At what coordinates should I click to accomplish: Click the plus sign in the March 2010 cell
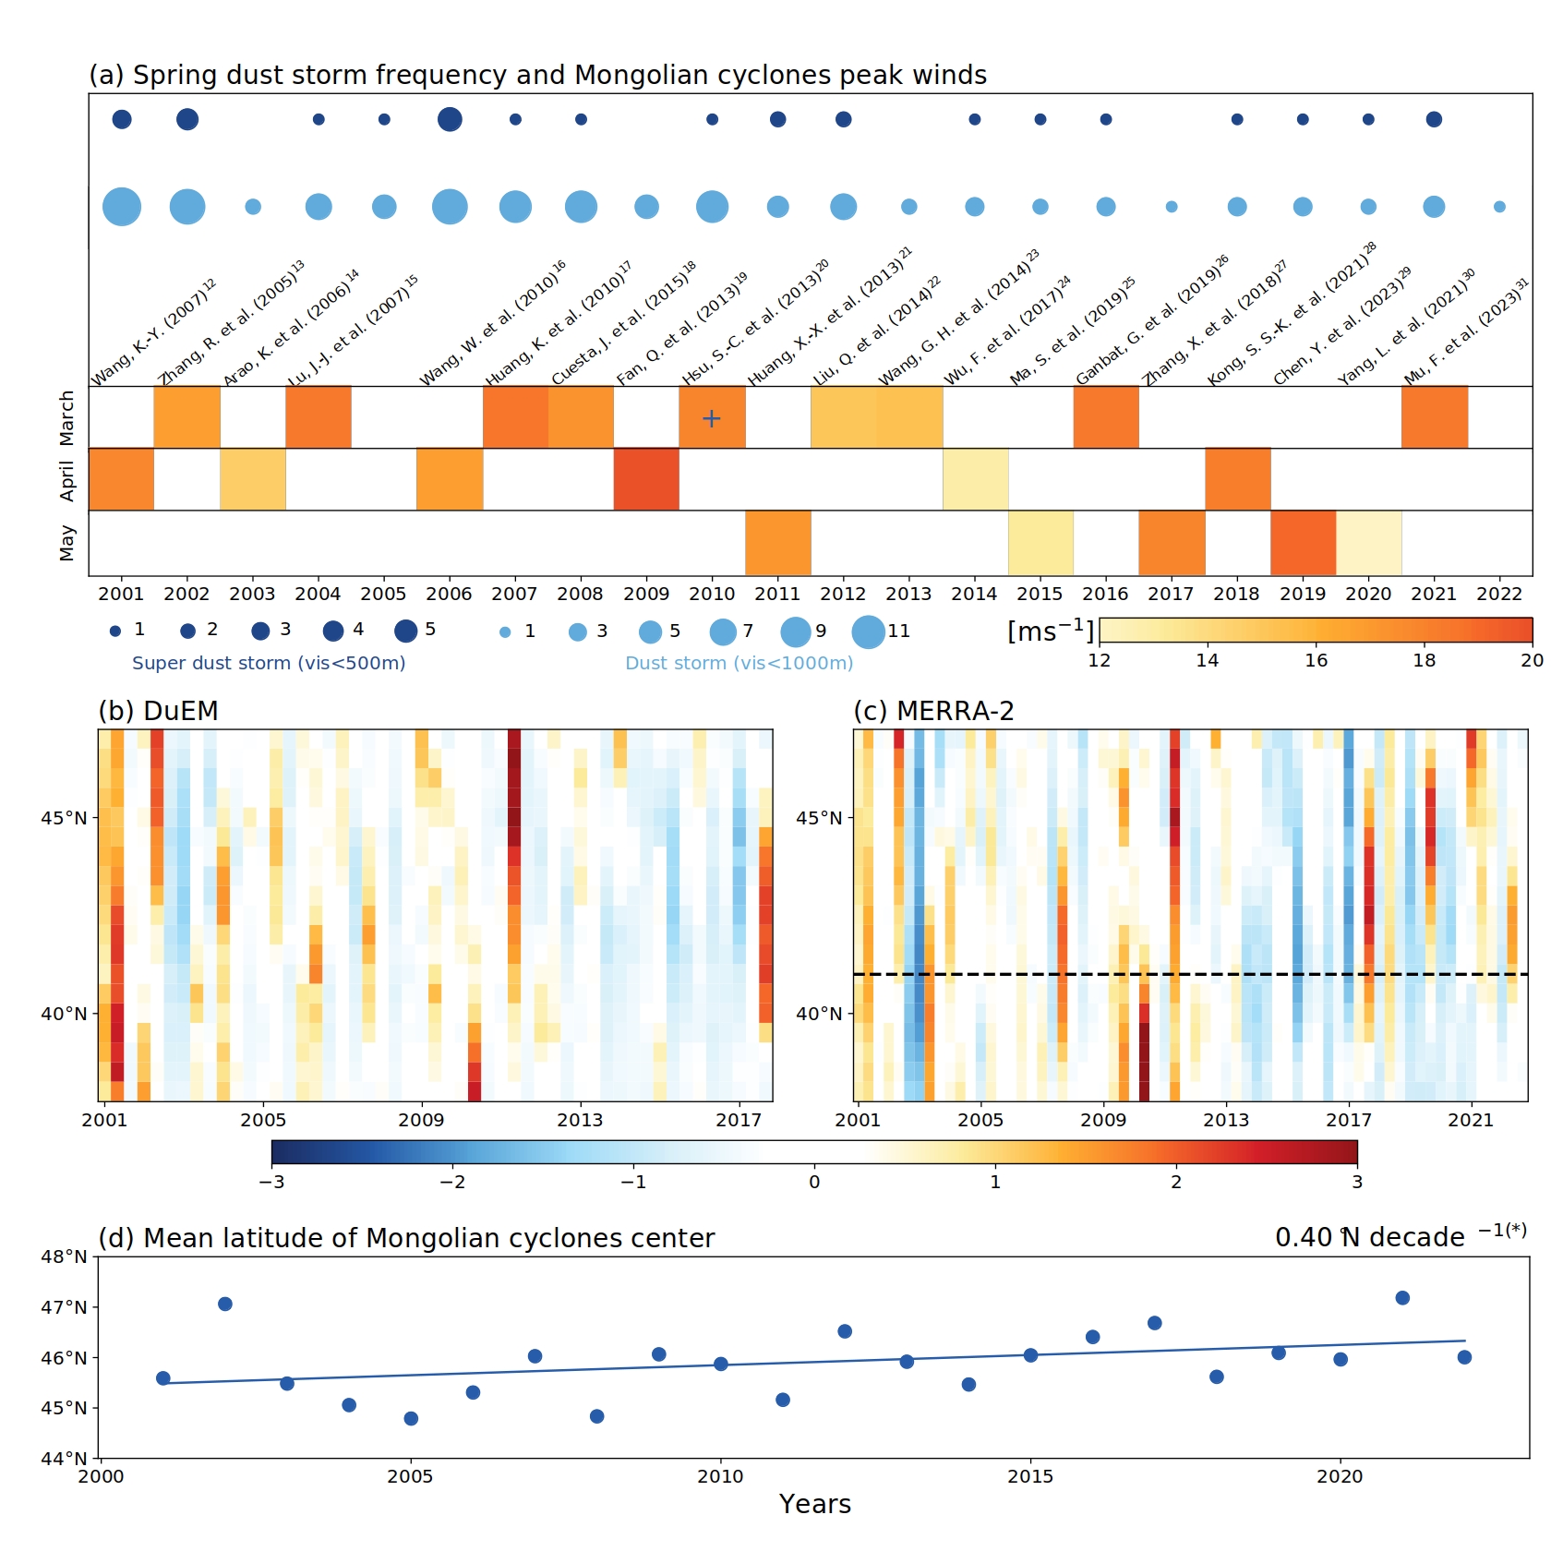[711, 418]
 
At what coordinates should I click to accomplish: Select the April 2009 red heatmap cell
[646, 479]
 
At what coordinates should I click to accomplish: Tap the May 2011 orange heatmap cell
[778, 543]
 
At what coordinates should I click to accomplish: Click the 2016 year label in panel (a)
[1105, 594]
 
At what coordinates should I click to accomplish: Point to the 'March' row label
[66, 417]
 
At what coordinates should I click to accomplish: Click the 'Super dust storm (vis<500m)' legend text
[269, 663]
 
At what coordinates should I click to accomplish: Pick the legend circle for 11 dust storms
[868, 631]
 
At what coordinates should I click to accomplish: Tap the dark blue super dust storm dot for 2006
[450, 119]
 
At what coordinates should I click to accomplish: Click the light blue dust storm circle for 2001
[122, 207]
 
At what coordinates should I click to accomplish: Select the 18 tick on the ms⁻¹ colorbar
[1424, 660]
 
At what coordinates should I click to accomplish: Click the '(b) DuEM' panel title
[158, 711]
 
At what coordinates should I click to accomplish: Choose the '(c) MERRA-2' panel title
[933, 711]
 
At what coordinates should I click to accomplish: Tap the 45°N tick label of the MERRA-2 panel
[819, 818]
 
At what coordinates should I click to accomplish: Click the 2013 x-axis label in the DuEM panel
[579, 1120]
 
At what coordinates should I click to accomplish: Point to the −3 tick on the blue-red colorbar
[271, 1182]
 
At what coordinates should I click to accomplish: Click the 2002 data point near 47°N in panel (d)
[225, 1305]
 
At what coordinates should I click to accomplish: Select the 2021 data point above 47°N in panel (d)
[1402, 1298]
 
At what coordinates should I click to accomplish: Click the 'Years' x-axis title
[814, 1504]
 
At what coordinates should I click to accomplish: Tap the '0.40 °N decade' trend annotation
[1370, 1237]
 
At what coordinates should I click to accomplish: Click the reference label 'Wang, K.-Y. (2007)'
[153, 332]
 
